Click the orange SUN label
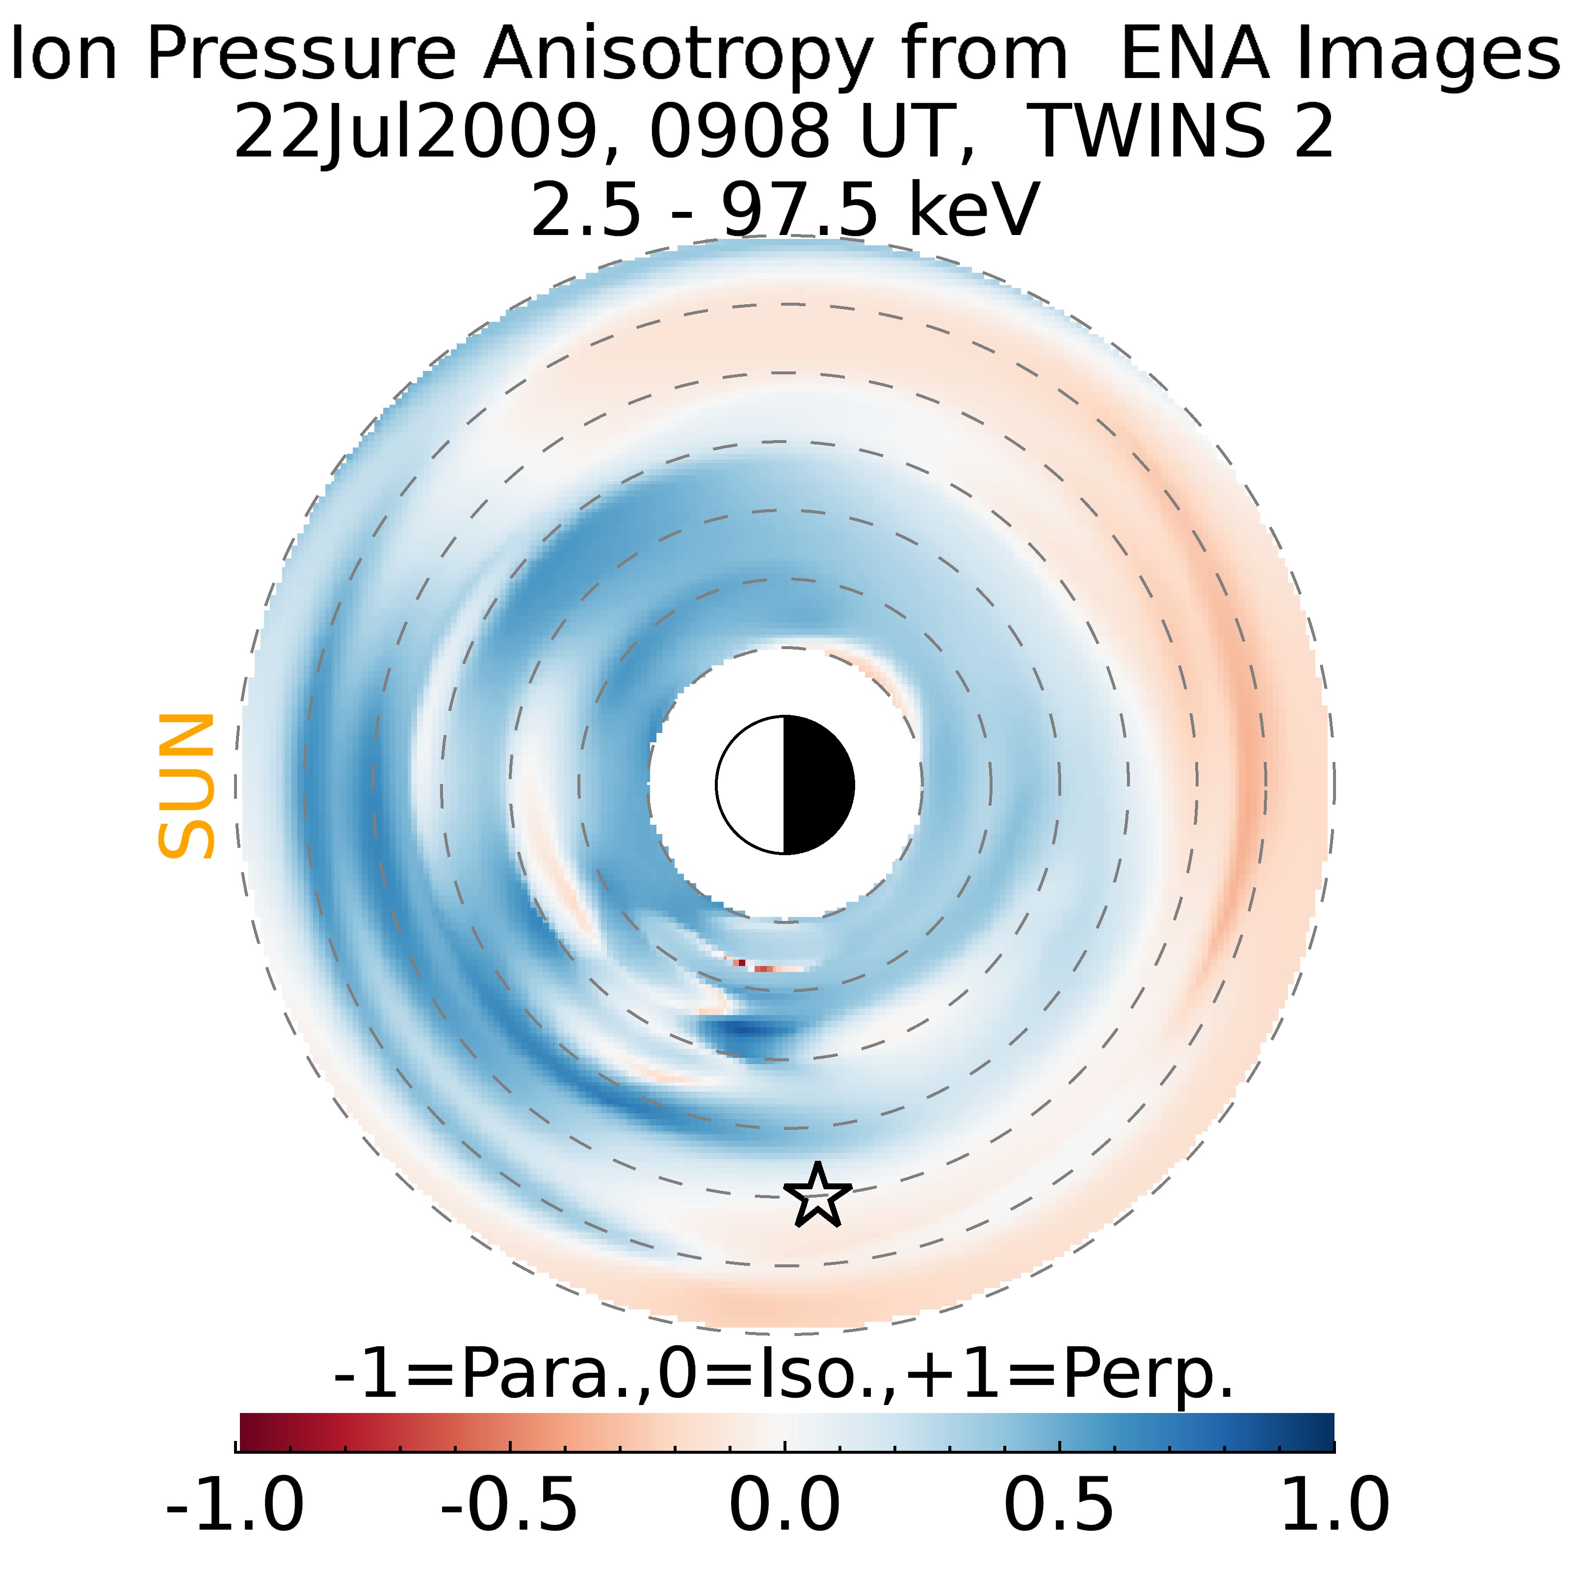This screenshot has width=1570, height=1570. pyautogui.click(x=186, y=786)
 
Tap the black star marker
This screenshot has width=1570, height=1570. pyautogui.click(x=817, y=1195)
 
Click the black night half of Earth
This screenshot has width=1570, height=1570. pyautogui.click(x=817, y=785)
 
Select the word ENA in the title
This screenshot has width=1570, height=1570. pyautogui.click(x=1195, y=53)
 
